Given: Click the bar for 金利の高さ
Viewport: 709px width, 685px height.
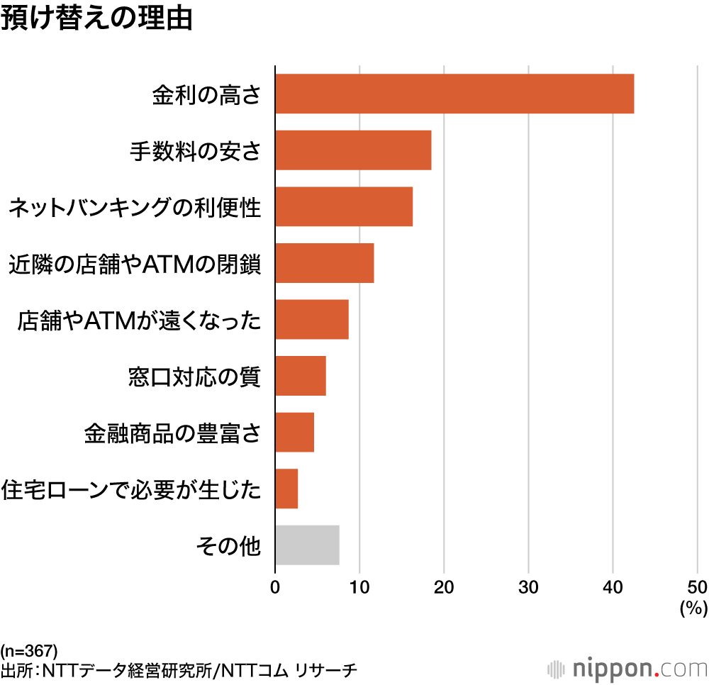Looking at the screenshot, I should [454, 94].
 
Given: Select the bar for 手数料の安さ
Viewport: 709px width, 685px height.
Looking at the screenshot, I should [353, 150].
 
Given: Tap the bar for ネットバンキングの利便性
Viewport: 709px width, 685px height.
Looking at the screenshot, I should [344, 206].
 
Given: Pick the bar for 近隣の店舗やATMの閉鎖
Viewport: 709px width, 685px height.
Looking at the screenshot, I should [324, 263].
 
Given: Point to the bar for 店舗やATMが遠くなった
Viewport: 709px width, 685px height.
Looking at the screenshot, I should [312, 319].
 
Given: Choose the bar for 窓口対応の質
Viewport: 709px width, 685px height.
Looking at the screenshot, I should [301, 376].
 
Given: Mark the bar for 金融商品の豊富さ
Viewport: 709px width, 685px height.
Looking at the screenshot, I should [294, 432].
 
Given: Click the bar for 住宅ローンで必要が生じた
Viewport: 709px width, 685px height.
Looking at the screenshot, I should [286, 489].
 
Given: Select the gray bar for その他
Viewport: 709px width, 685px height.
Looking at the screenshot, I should [307, 545].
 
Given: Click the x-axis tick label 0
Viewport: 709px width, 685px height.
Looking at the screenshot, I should [275, 586].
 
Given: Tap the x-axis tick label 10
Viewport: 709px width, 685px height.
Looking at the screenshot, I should [359, 586].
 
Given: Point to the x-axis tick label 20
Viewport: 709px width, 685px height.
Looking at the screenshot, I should [444, 586].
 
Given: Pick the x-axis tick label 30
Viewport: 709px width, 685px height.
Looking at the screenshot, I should [528, 586].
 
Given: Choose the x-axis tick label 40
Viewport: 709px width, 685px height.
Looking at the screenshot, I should [613, 586].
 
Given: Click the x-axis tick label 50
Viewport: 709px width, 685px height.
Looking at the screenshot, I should [696, 586].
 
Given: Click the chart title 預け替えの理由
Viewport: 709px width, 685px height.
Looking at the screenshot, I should [96, 19].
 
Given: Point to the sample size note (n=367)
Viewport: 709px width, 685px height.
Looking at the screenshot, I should [29, 650].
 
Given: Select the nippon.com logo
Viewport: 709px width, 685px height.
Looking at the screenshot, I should [627, 668].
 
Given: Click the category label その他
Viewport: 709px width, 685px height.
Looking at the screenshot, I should [228, 546].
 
